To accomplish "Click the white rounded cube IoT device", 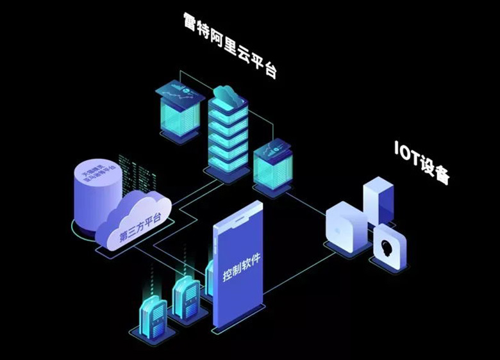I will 344,226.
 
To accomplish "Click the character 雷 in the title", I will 190,24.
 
